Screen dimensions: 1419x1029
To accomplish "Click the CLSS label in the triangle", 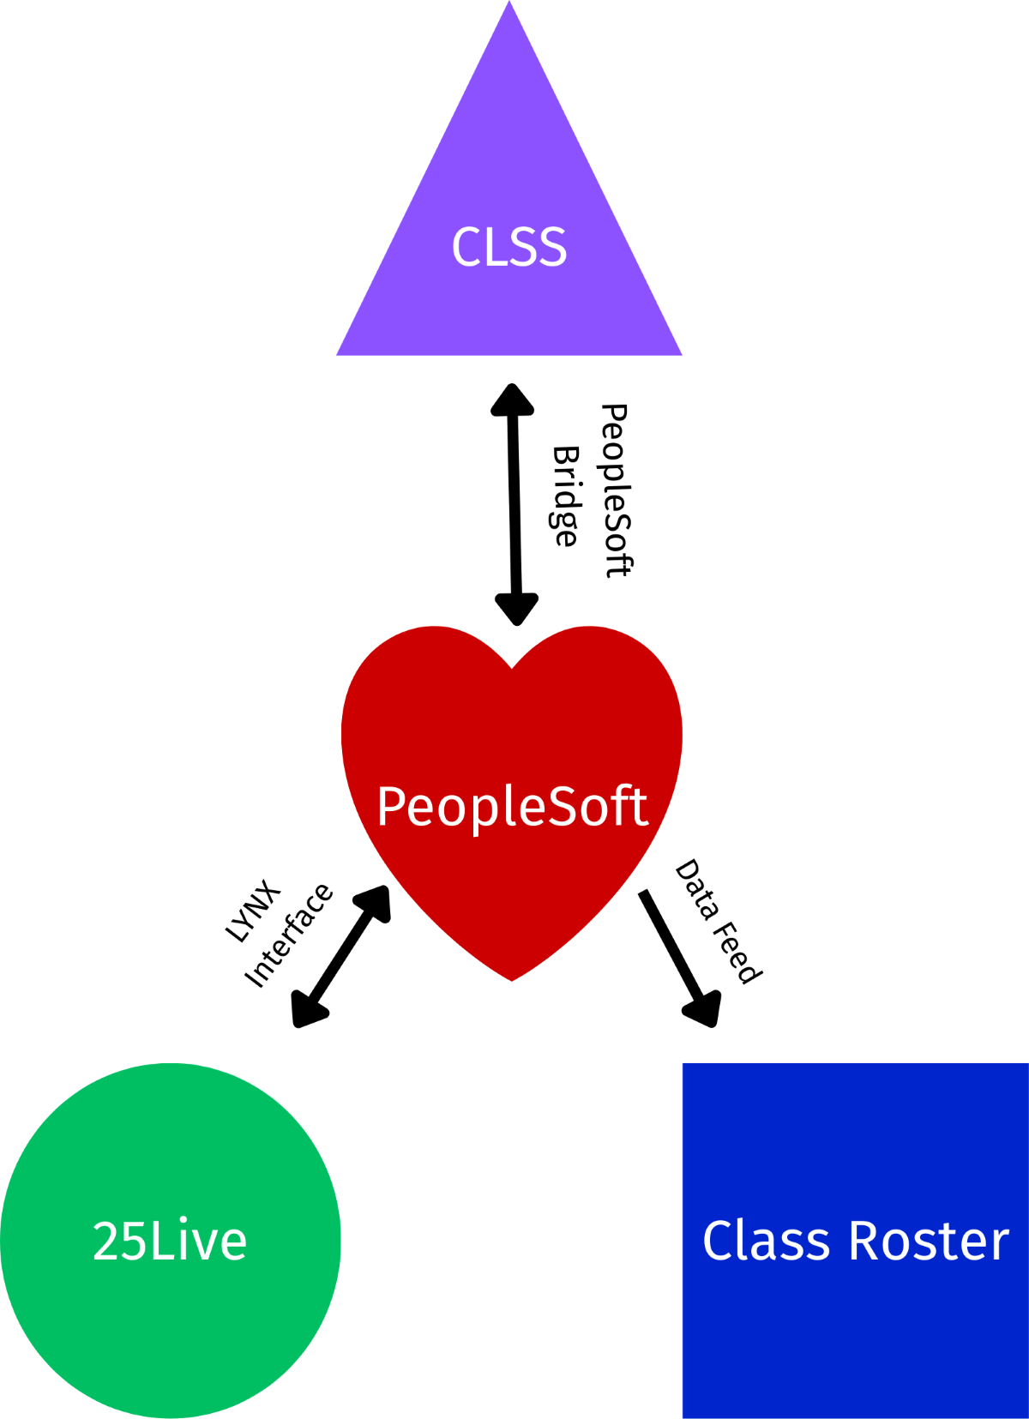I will pos(509,247).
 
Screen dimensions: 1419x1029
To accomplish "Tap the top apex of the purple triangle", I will pos(509,7).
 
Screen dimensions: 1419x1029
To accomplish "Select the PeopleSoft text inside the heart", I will pos(512,807).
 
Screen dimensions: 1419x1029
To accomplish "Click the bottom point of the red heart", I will pos(512,977).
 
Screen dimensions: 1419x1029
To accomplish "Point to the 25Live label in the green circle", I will pos(170,1241).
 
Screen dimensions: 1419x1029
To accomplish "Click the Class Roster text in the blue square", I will pos(855,1241).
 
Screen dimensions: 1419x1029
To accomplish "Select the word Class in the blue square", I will pos(765,1241).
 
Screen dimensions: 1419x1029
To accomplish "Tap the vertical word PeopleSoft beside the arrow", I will pos(615,490).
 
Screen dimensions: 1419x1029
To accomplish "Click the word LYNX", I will pos(252,911).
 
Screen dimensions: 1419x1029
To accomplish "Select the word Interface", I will pos(288,935).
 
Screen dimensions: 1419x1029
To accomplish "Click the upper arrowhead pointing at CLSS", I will pos(512,400).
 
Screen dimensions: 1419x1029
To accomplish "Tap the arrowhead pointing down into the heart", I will pos(516,609).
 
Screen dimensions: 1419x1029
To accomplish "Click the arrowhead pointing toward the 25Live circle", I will pos(307,1009).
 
